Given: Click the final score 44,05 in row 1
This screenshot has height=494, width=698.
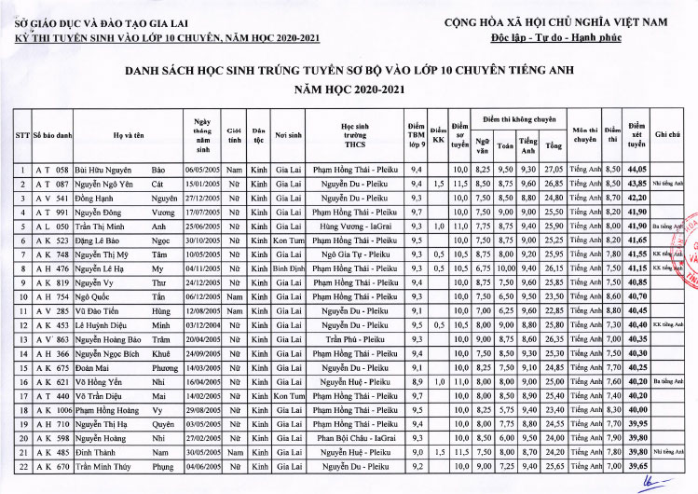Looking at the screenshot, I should pos(637,170).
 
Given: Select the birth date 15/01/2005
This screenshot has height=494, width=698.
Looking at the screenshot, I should pos(200,184).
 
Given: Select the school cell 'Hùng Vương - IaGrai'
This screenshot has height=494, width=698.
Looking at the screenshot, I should pos(355,226).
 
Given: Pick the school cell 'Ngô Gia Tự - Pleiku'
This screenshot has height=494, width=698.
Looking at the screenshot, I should pos(355,254).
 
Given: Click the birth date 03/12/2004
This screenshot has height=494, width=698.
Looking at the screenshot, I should pos(200,324).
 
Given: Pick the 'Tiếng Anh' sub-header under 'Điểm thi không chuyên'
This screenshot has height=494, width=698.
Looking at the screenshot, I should pos(528,145).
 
